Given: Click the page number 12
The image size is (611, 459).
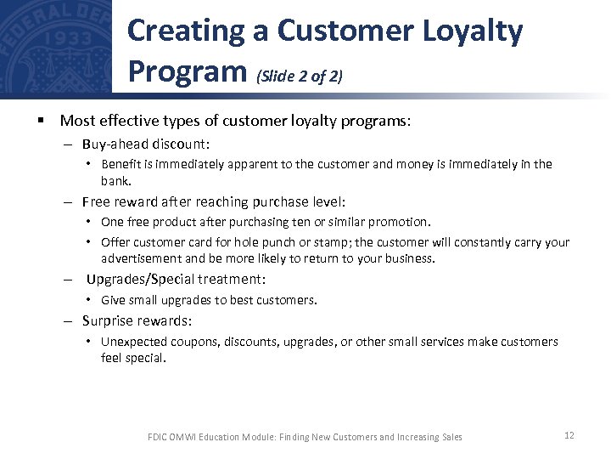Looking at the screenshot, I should click(x=569, y=435).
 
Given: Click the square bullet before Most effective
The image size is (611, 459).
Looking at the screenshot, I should click(x=40, y=122).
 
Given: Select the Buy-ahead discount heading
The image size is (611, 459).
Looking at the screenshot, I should click(x=146, y=144).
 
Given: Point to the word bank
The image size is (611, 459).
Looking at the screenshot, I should click(x=115, y=181).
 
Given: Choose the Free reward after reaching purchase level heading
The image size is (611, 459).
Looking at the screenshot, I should click(x=214, y=201).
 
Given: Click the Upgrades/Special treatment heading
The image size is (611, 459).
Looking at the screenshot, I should click(x=176, y=279).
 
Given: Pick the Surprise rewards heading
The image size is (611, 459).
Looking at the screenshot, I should click(x=137, y=320).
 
